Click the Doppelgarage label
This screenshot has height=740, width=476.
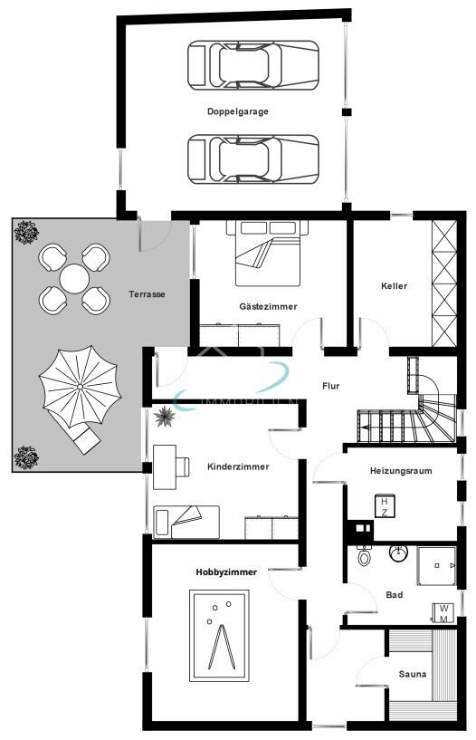click(x=237, y=111)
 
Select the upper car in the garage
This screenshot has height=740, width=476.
click(x=252, y=64)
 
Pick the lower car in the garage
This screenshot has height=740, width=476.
click(x=252, y=159)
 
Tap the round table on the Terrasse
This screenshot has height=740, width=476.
click(x=75, y=275)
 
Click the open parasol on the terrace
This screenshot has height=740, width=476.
click(x=79, y=388)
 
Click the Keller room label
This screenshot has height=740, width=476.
click(x=394, y=285)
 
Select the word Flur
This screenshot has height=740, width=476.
click(x=331, y=386)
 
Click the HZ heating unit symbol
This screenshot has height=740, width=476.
click(x=384, y=506)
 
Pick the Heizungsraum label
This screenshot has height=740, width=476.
click(x=401, y=471)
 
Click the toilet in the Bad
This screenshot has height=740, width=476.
click(x=365, y=557)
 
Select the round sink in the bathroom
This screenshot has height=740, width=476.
click(x=397, y=552)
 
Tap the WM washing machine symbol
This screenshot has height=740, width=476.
click(x=443, y=612)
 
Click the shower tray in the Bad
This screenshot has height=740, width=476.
click(x=439, y=565)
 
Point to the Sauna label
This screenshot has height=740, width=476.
click(x=412, y=675)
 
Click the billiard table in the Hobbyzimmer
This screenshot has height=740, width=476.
click(x=217, y=635)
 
